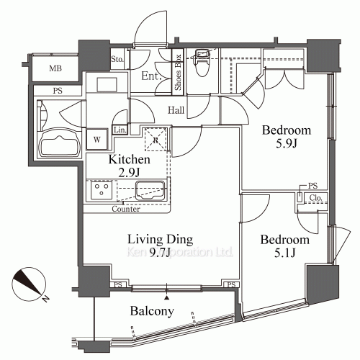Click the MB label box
(55, 68)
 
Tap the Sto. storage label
(117, 59)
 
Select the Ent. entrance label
(150, 76)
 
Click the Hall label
(176, 110)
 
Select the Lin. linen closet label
(120, 130)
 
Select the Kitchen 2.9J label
(129, 166)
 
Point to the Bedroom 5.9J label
(286, 137)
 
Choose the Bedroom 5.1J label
(285, 246)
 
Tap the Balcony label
(151, 311)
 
